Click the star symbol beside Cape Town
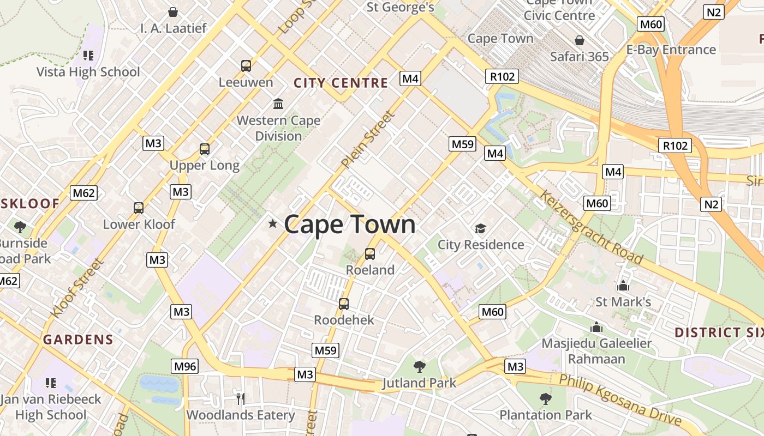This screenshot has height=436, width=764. (x=273, y=223)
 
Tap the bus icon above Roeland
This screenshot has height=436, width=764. (x=370, y=254)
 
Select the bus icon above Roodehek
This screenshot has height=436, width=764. (x=344, y=304)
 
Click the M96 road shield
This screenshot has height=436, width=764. (x=184, y=366)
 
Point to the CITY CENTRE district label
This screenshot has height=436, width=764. (x=341, y=83)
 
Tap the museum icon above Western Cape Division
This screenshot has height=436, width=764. (x=278, y=104)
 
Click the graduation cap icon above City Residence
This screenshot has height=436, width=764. (x=480, y=228)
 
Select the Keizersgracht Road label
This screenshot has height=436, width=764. (x=591, y=227)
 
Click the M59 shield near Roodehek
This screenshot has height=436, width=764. (x=325, y=350)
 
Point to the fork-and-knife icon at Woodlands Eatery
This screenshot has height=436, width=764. (x=241, y=398)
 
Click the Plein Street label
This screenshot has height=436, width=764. (x=367, y=140)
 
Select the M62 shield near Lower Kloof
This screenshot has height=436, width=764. (x=83, y=192)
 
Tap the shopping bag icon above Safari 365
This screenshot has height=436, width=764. (x=579, y=41)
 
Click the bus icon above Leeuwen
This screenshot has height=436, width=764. (x=246, y=66)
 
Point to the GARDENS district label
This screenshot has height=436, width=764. (x=78, y=340)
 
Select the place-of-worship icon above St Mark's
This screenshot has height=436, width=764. (x=623, y=286)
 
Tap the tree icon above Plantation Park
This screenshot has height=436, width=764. (x=545, y=399)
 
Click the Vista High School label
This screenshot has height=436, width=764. (x=88, y=72)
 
